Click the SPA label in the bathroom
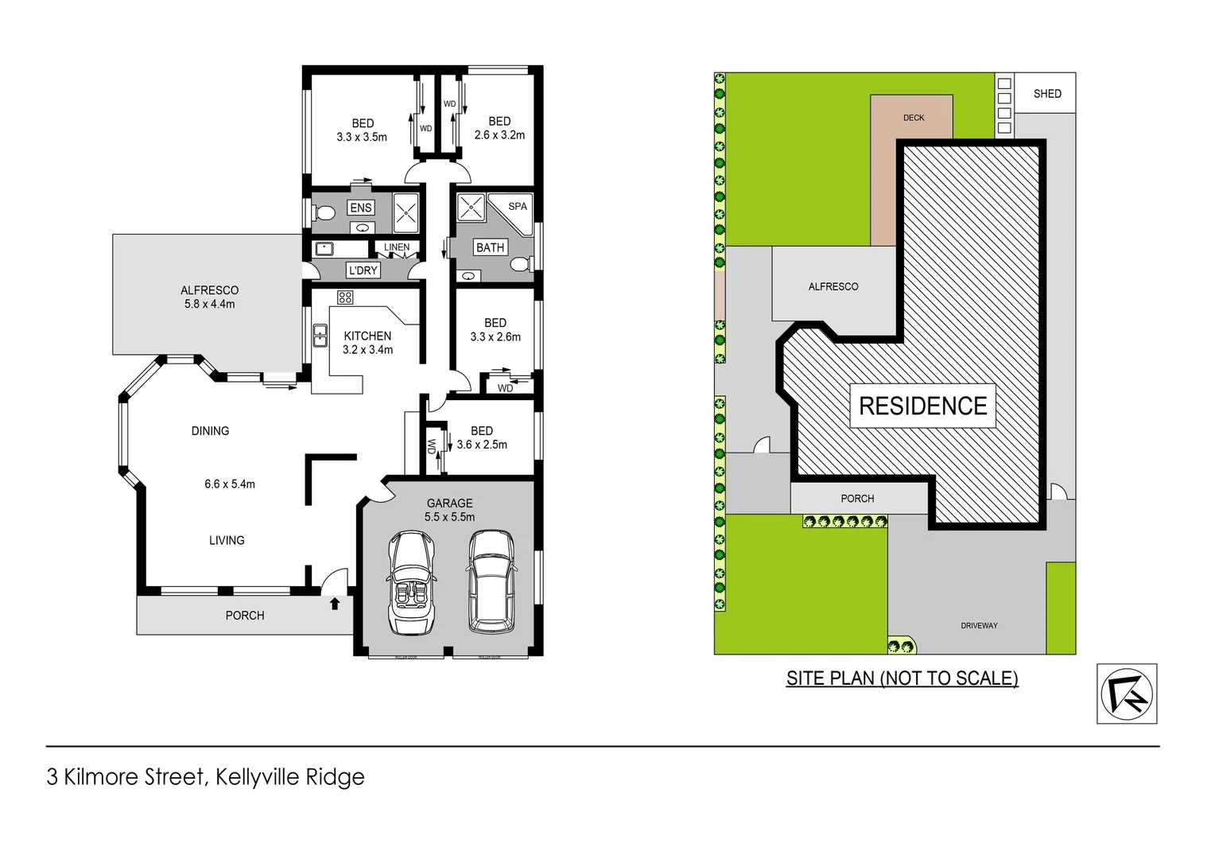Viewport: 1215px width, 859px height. (x=518, y=206)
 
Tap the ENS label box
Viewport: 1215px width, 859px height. (x=361, y=208)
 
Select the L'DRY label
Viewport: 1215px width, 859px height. (x=363, y=270)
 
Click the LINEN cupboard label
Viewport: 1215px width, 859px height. (x=397, y=247)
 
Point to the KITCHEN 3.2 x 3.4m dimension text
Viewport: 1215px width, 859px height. (x=367, y=349)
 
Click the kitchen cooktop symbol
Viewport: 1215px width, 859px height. (x=345, y=297)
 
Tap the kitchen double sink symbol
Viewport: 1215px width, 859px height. (x=320, y=336)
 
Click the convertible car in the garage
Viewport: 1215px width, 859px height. (x=412, y=582)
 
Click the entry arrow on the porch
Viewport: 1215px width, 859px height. (x=335, y=604)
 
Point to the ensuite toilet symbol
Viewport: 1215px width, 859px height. (x=324, y=214)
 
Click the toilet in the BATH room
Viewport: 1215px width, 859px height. (x=520, y=264)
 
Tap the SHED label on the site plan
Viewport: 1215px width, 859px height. (x=1047, y=94)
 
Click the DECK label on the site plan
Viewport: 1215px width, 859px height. (x=914, y=118)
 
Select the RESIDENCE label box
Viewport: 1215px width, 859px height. (x=922, y=406)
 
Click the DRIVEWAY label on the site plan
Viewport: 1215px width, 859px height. (x=979, y=626)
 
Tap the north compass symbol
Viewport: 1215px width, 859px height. (x=1126, y=694)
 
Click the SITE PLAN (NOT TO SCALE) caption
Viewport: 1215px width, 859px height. (x=902, y=678)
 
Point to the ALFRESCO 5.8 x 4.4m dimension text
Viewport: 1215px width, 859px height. (x=209, y=304)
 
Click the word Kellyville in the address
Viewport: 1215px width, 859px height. (x=254, y=777)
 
